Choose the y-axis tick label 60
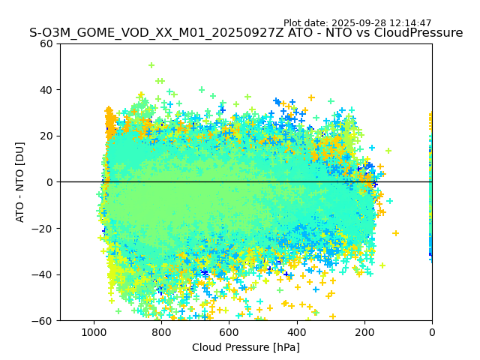click(x=47, y=43)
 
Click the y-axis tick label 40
click(x=47, y=90)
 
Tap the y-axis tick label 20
click(x=47, y=136)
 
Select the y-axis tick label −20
click(x=44, y=228)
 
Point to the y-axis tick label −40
click(x=44, y=274)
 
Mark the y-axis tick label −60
click(x=44, y=320)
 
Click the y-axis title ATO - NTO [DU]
click(x=20, y=181)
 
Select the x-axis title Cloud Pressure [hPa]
click(x=246, y=347)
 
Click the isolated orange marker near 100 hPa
click(x=395, y=233)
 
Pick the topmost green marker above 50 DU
click(x=151, y=66)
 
